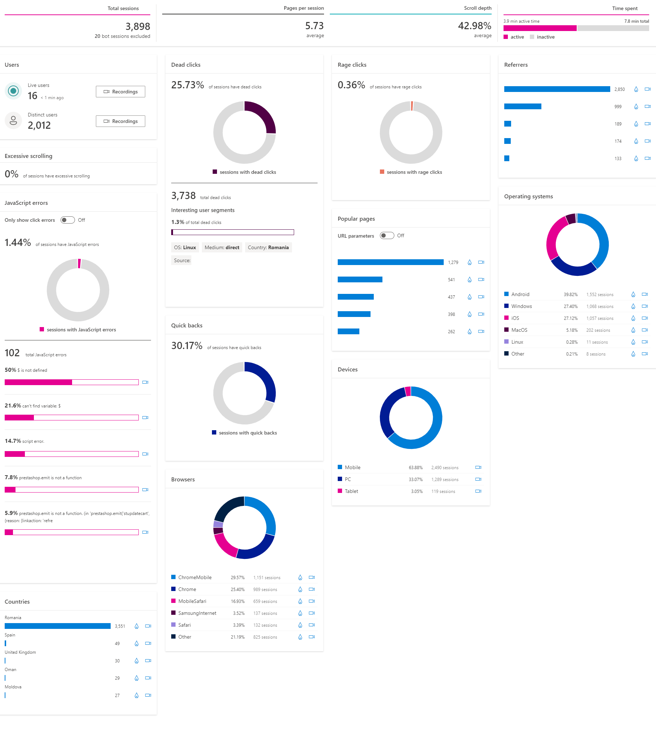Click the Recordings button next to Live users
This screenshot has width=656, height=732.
point(120,92)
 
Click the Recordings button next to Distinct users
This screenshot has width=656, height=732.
point(120,121)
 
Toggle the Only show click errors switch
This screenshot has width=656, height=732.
point(67,220)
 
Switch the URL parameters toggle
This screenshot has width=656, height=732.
point(387,235)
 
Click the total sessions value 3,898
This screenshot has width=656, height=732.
point(138,26)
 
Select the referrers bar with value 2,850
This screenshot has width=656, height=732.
point(557,89)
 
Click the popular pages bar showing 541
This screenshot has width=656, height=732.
point(360,279)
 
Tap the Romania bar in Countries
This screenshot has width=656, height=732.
point(58,626)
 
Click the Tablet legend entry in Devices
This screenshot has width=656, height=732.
point(348,491)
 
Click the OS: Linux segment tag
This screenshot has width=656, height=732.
point(185,247)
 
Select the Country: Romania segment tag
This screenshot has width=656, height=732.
point(268,247)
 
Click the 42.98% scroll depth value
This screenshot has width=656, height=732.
point(475,26)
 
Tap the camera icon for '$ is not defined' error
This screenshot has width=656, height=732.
point(145,382)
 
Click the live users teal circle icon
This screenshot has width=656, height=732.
point(13,91)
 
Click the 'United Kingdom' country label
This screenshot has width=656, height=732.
point(20,652)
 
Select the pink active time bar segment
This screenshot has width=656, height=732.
point(540,28)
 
